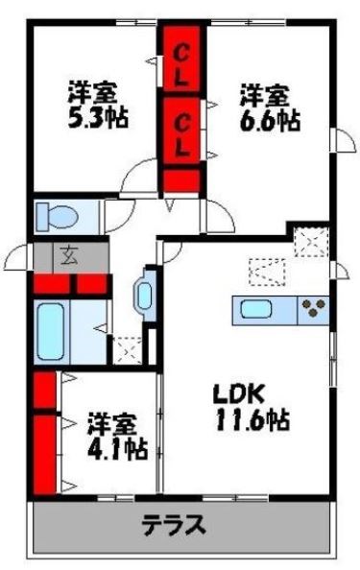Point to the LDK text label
tap(238, 394)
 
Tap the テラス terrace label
tap(175, 525)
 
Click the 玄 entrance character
tap(70, 255)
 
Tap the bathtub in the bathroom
tap(50, 332)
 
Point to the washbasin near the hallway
tap(144, 294)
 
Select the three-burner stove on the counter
tap(314, 310)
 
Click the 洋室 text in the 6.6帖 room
tap(263, 95)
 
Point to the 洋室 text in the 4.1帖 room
tap(112, 422)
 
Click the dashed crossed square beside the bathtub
tap(127, 349)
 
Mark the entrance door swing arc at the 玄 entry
tap(19, 257)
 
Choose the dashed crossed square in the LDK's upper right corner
tap(311, 241)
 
